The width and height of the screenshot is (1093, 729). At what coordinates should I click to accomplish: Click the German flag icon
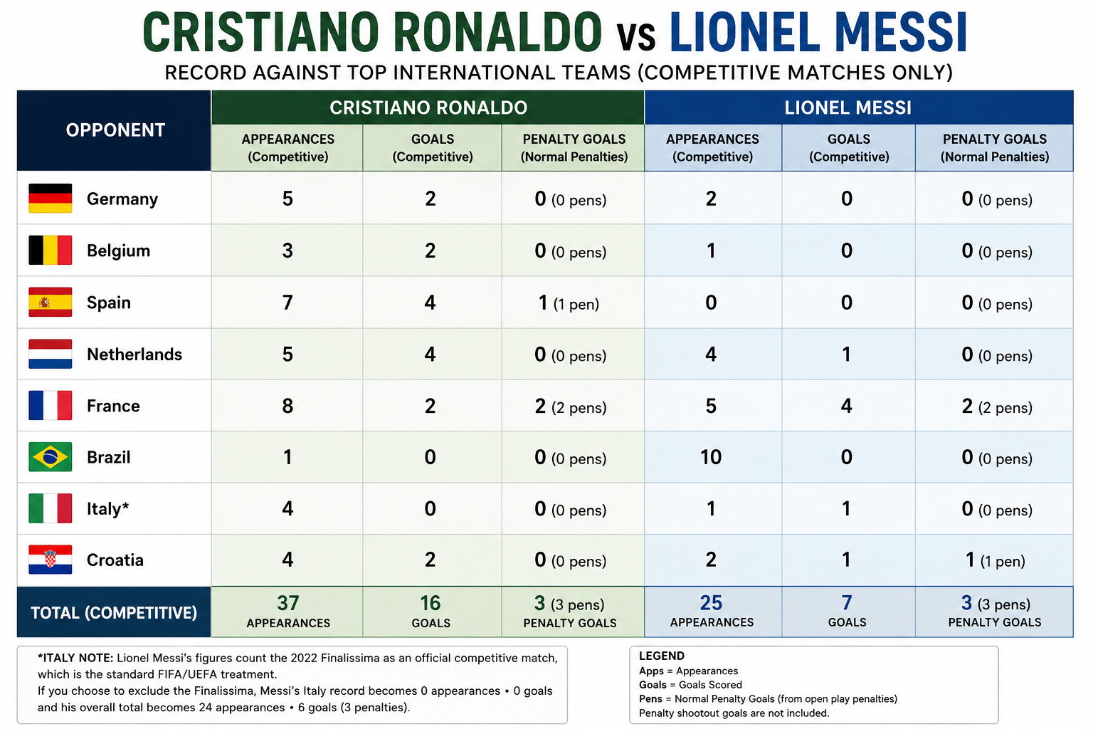51,198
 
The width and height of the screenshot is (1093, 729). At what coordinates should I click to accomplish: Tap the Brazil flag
51,456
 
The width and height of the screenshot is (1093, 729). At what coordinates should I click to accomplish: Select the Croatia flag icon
51,559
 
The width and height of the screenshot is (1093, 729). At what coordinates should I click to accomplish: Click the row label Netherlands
134,354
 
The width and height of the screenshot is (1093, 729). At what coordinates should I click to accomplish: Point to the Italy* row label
108,509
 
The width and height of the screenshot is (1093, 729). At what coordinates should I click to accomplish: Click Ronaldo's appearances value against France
287,406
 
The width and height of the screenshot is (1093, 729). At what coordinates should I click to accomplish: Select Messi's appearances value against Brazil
711,457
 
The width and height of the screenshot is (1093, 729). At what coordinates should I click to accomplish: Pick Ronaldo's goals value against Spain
430,303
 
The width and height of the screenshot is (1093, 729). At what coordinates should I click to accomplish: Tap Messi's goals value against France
847,406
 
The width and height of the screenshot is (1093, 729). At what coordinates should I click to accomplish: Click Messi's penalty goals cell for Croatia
995,560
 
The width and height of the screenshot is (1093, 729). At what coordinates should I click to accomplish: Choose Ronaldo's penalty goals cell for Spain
569,303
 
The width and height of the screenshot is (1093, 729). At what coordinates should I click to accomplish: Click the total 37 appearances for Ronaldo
288,603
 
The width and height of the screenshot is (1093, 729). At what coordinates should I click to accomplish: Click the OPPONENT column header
116,130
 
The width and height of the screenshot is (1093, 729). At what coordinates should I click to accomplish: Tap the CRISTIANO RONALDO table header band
428,107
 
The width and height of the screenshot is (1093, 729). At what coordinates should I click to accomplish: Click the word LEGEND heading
661,656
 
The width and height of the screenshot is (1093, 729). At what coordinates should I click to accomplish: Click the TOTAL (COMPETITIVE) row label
114,612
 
